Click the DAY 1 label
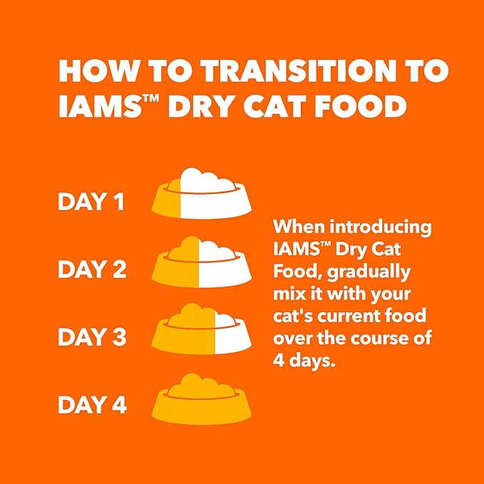click(91, 202)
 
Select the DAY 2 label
click(92, 269)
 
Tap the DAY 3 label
click(92, 337)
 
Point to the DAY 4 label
click(92, 405)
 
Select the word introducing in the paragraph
click(381, 227)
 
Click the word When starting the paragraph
click(298, 227)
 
